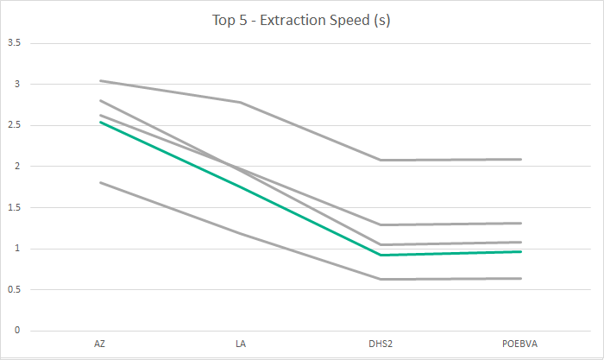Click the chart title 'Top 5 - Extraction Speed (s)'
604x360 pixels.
click(302, 21)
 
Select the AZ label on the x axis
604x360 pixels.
click(100, 344)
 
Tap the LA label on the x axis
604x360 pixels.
click(240, 344)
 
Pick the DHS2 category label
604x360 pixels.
click(381, 344)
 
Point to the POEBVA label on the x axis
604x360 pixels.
click(521, 344)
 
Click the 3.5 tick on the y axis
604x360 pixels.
click(14, 43)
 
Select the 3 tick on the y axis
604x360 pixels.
click(17, 85)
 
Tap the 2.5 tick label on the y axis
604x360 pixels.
click(14, 125)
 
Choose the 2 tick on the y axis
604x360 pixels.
click(17, 167)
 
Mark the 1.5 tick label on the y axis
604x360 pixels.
click(14, 208)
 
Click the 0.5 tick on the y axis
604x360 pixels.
click(14, 290)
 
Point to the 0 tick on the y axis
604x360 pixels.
click(17, 331)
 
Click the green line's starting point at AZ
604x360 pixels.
click(100, 122)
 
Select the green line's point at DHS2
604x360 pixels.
click(381, 255)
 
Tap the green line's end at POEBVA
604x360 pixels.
click(521, 251)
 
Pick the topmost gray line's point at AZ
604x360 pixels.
click(100, 80)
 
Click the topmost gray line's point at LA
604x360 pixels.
click(240, 102)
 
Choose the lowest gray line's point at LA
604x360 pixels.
click(240, 233)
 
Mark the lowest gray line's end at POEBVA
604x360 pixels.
click(521, 278)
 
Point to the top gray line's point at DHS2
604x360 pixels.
click(381, 160)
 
